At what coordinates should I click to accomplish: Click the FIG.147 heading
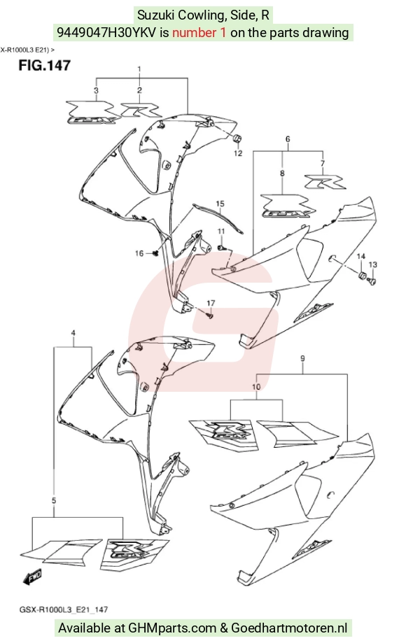point(44,66)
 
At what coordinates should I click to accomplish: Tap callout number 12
point(238,153)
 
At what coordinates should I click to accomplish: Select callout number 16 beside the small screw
point(139,253)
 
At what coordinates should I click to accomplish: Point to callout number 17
point(211,303)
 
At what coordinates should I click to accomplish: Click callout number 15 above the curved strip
point(220,204)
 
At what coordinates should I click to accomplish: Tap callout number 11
point(221,232)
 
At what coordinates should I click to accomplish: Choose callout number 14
point(361,257)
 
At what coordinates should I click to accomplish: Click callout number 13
point(373,265)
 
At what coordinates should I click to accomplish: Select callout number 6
point(288,139)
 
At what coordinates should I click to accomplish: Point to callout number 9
point(302,359)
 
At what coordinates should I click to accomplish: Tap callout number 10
point(256,387)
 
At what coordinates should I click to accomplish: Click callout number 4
point(73,333)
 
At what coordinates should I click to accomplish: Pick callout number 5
point(54,501)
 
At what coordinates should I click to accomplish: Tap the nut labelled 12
point(237,139)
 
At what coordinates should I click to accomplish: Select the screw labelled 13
point(372,281)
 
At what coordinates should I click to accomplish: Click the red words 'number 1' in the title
point(199,32)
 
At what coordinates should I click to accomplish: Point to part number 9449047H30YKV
point(106,32)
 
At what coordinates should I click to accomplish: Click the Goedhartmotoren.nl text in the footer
point(289,628)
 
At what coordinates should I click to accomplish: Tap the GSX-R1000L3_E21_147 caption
point(64,610)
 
